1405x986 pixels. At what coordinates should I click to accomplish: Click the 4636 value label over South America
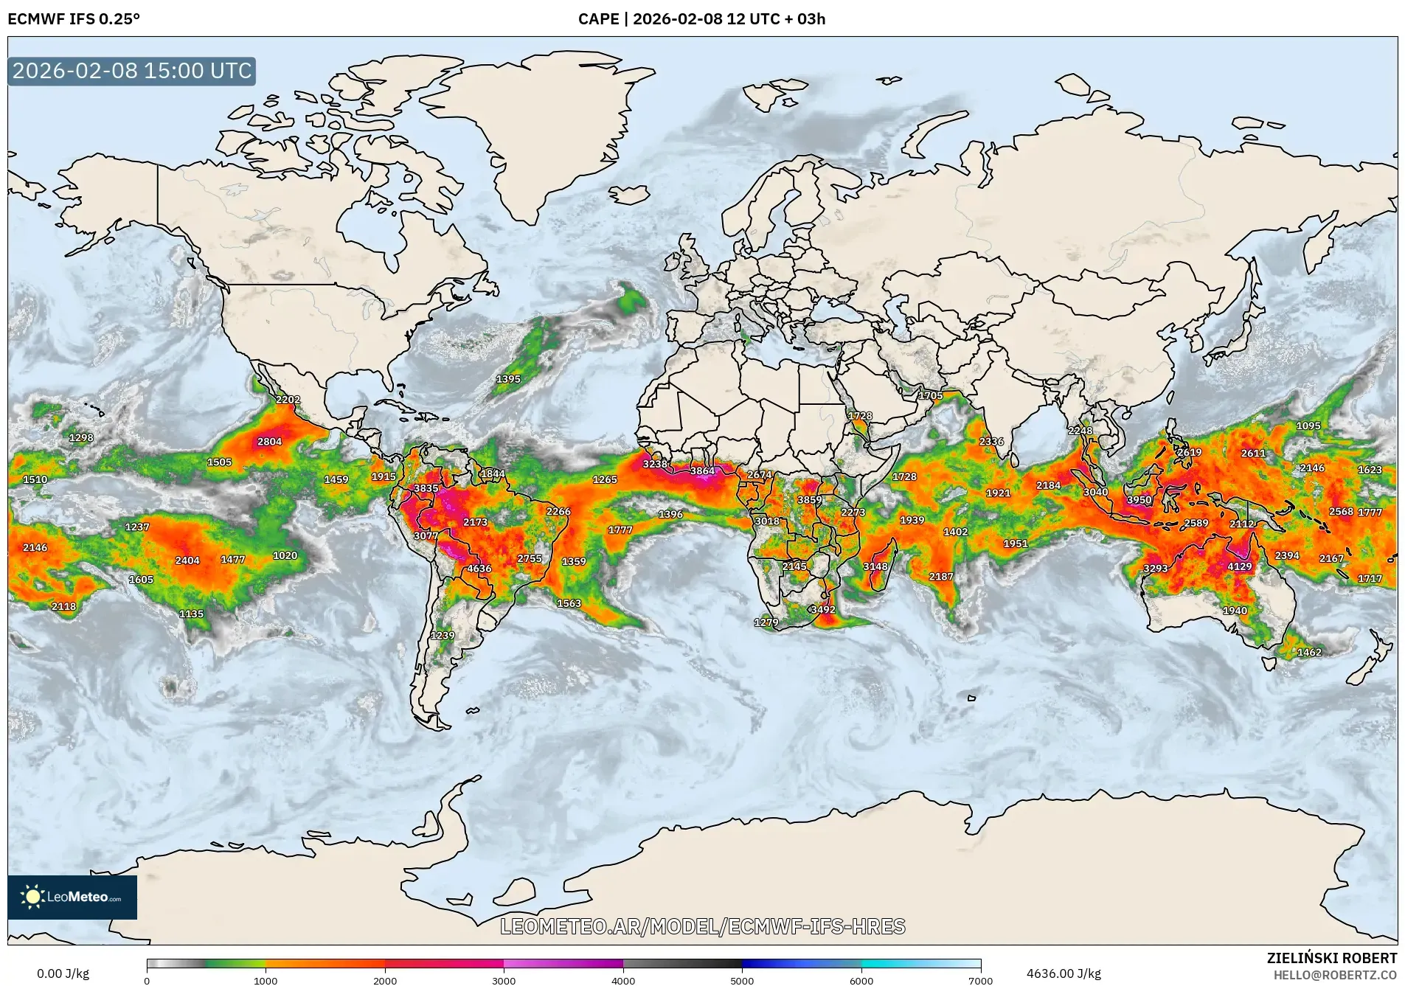click(479, 569)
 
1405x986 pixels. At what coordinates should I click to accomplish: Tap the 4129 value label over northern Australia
click(1239, 566)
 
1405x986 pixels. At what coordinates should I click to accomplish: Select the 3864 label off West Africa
click(702, 471)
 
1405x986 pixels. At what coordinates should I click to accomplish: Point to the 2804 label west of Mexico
click(269, 442)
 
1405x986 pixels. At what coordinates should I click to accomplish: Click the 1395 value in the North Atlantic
click(508, 379)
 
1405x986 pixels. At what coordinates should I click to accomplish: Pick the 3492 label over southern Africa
click(823, 609)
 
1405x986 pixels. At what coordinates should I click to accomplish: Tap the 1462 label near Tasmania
click(1309, 652)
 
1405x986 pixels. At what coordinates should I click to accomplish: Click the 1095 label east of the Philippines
click(1308, 426)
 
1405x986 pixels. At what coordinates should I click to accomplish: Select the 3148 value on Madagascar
click(875, 566)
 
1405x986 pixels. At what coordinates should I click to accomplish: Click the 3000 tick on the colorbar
click(504, 980)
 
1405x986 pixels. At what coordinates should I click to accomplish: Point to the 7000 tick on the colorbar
click(980, 980)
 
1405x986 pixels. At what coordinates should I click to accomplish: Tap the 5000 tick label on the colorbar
click(742, 980)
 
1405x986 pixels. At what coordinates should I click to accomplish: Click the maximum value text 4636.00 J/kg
click(1064, 973)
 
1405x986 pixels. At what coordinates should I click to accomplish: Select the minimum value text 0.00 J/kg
click(63, 973)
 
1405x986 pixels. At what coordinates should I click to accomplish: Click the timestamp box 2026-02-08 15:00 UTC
click(132, 71)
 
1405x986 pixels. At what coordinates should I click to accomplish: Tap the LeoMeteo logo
click(72, 897)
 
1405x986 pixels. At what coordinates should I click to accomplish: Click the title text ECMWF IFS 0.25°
click(73, 19)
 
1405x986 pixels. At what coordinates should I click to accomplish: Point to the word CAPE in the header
click(598, 19)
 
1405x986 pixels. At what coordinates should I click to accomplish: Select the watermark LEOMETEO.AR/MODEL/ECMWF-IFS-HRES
click(702, 926)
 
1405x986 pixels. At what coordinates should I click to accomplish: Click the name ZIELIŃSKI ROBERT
click(1331, 958)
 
